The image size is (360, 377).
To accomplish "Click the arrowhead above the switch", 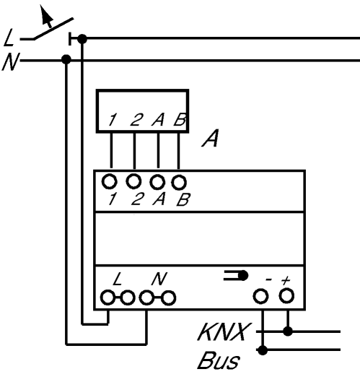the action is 45,15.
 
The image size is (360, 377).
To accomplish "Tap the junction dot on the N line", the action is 66,59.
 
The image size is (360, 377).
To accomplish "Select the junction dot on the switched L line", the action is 82,38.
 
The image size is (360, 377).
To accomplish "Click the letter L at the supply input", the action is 9,38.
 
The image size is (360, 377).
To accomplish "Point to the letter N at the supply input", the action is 11,61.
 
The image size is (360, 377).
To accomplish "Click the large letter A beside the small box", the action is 211,138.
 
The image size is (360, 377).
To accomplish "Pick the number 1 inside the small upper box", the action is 112,120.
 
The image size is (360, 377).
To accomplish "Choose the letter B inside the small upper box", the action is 180,119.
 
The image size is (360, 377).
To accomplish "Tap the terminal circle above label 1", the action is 110,181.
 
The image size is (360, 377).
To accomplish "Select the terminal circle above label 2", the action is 133,181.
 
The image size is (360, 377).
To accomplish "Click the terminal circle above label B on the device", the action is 179,182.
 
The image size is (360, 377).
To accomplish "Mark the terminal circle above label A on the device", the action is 157,182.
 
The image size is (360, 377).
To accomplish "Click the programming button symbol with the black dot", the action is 236,275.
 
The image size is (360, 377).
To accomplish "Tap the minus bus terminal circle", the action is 261,296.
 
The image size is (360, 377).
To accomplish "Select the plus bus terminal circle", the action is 286,295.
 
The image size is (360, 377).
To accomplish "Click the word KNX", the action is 222,332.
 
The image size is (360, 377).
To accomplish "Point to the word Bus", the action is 219,360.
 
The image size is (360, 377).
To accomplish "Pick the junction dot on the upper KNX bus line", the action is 288,331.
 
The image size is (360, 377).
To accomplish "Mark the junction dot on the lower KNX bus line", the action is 263,350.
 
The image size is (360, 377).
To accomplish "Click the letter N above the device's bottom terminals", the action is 159,279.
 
